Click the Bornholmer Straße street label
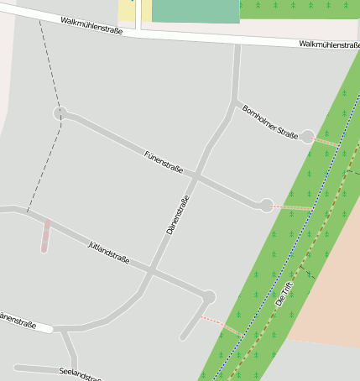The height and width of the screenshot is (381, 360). coord(269,122)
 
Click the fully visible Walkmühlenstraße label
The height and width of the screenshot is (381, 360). coord(92,25)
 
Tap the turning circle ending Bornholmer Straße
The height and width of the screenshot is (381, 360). coord(308,136)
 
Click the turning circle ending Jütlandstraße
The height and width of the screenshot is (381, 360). coord(208,297)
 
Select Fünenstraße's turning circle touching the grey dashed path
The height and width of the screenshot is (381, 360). coord(60,113)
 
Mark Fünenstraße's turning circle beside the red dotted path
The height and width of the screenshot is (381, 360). coord(266,205)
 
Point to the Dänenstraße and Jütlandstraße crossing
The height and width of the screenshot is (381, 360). coord(151,271)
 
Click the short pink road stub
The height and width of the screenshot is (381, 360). coord(45,237)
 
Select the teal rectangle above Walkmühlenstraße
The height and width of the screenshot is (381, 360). coord(196,10)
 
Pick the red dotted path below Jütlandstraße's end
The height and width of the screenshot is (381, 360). coord(221,326)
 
